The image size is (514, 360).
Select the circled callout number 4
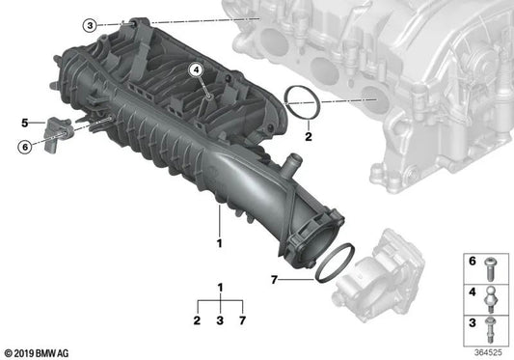click(196, 69)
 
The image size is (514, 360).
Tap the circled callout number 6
click(24, 146)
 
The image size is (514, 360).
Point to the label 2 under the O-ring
click(308, 138)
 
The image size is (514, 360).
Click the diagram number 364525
click(491, 350)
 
